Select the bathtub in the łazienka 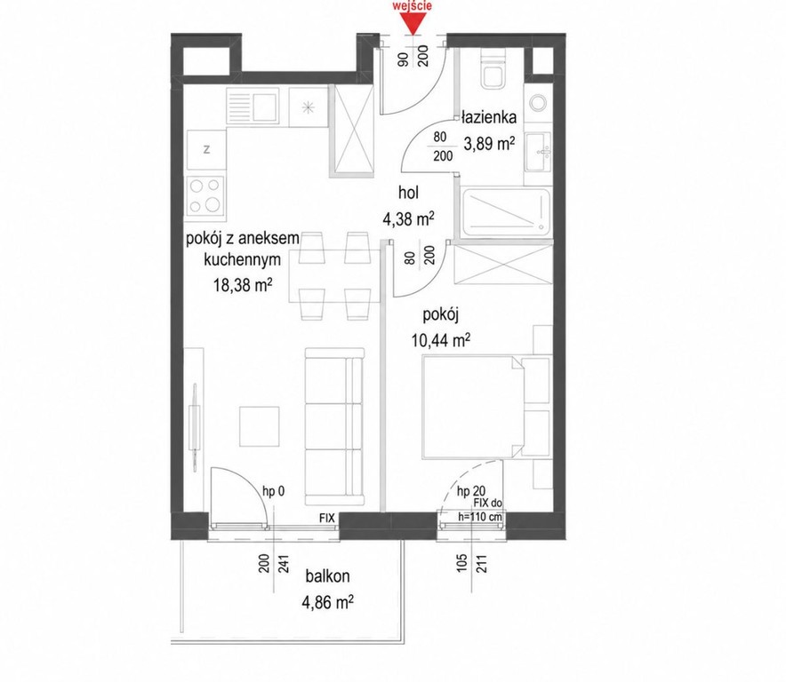click(x=506, y=212)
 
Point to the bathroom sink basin click(x=539, y=151)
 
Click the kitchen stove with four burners click(x=206, y=198)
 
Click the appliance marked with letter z click(x=206, y=149)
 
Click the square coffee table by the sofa click(x=259, y=426)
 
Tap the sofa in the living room click(x=333, y=426)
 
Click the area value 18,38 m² click(x=243, y=285)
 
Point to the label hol click(x=408, y=193)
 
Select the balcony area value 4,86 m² click(x=328, y=601)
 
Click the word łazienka click(x=489, y=118)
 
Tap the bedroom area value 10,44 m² click(x=441, y=340)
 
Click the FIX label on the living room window click(x=327, y=519)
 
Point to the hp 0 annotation click(x=274, y=492)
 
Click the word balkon click(x=328, y=575)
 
